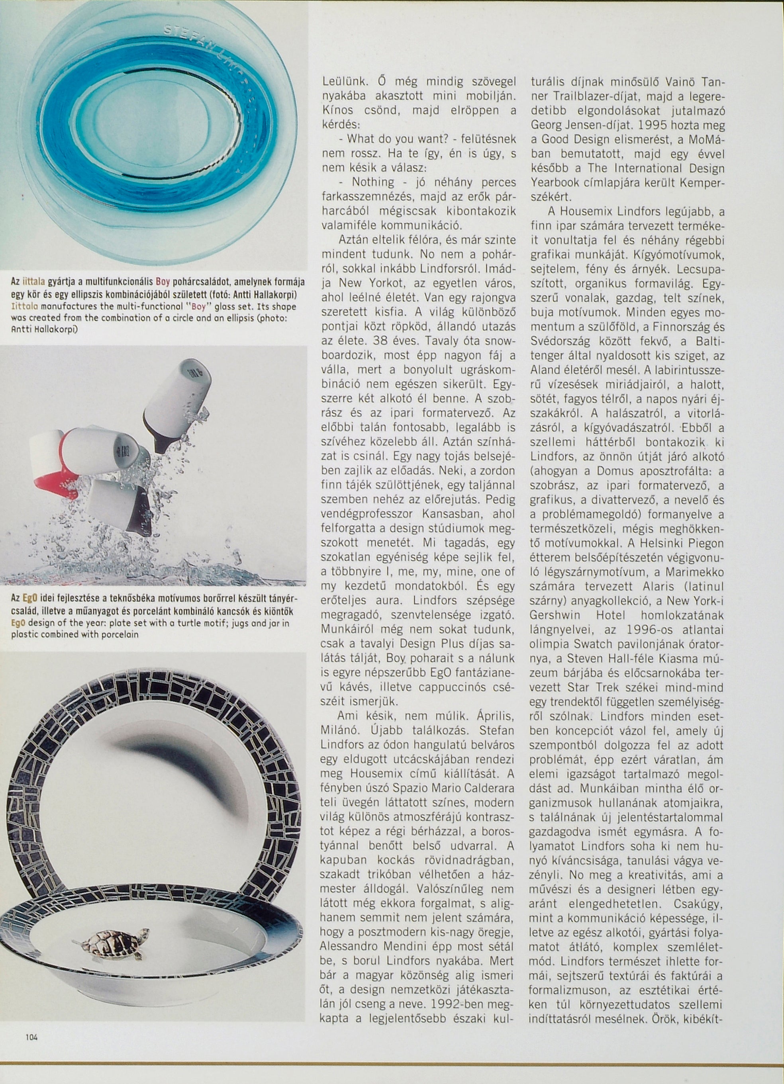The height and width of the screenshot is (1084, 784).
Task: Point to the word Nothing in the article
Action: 373,182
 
